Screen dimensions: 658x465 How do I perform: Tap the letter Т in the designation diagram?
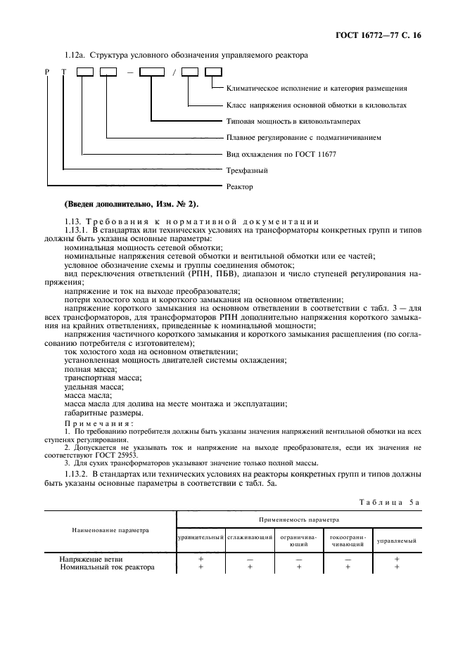(x=64, y=72)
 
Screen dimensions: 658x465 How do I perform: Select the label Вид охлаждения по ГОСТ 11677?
(x=277, y=153)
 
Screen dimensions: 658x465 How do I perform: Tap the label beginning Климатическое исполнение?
(x=317, y=89)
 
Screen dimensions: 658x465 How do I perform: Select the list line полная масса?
(x=90, y=369)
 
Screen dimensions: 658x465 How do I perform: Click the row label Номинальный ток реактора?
(x=117, y=567)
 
